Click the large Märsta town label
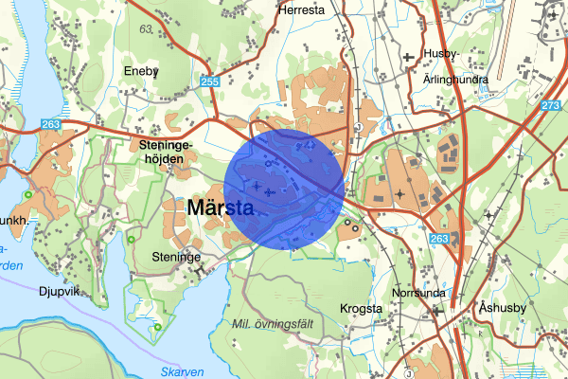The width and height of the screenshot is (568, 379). click(219, 208)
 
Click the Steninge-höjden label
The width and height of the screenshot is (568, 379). click(166, 152)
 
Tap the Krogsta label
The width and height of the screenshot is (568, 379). click(361, 309)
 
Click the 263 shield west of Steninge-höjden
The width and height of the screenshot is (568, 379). click(51, 124)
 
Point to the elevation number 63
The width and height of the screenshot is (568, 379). click(145, 28)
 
